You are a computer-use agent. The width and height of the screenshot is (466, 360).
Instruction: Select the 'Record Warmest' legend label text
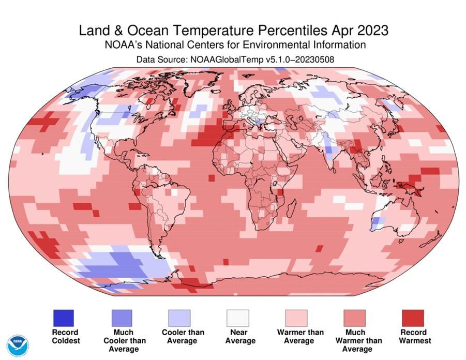pos(414,336)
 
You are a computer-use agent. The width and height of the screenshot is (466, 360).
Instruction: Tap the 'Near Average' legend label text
pos(239,336)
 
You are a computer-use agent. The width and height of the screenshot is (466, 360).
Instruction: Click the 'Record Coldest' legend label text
pos(65,336)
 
